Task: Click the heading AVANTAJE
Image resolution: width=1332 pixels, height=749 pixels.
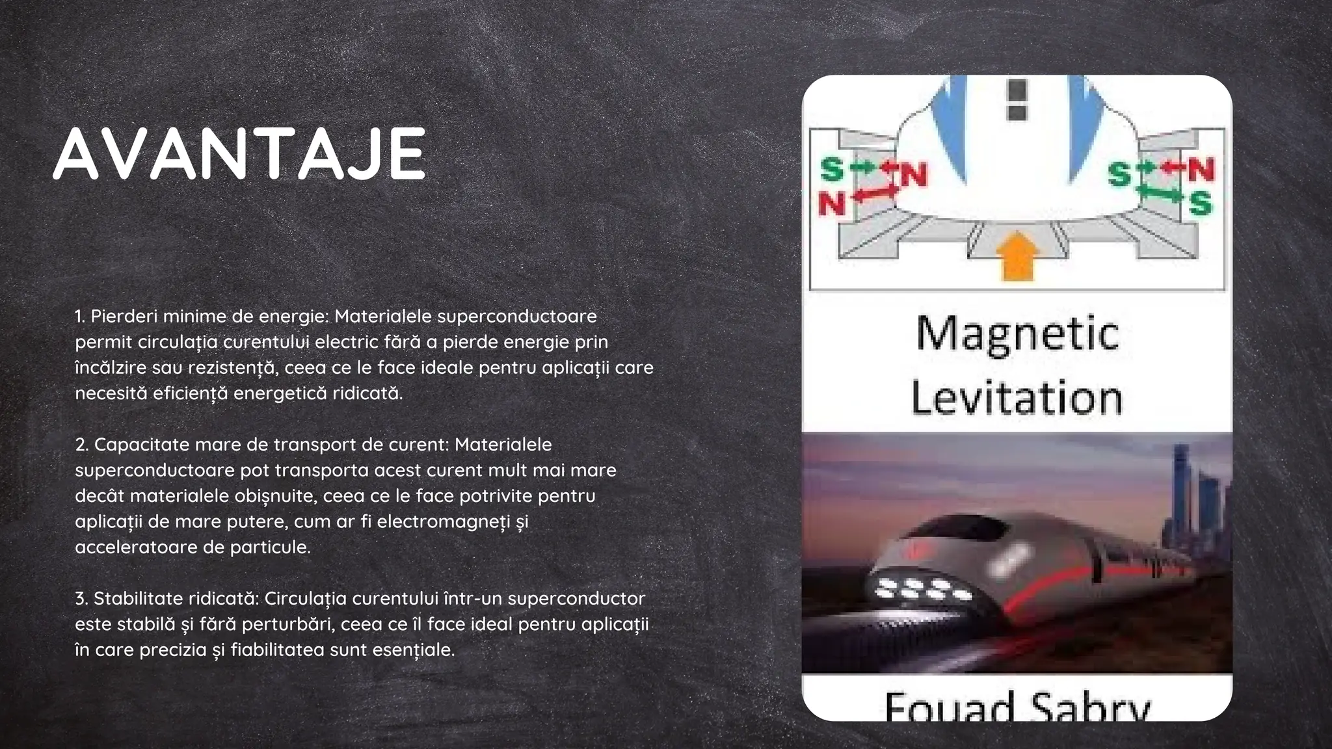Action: pyautogui.click(x=239, y=153)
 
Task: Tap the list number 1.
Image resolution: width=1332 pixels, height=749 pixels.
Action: pyautogui.click(x=79, y=317)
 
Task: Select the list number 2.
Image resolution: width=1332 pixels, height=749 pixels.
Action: pyautogui.click(x=81, y=445)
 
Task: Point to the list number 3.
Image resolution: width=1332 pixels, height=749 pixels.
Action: pyautogui.click(x=81, y=598)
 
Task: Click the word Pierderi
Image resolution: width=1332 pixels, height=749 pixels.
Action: pyautogui.click(x=123, y=317)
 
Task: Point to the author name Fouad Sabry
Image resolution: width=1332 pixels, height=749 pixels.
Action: pyautogui.click(x=1017, y=707)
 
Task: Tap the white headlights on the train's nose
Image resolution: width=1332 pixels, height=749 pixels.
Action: pyautogui.click(x=924, y=588)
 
